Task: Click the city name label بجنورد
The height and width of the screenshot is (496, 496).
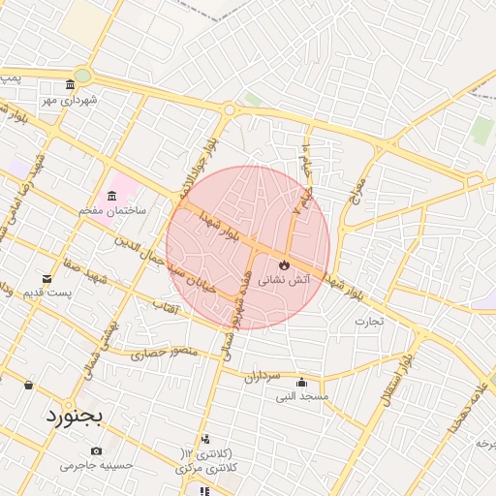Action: pyautogui.click(x=73, y=417)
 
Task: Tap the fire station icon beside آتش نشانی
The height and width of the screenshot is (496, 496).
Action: pyautogui.click(x=283, y=264)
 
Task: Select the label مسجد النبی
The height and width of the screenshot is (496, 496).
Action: pyautogui.click(x=302, y=396)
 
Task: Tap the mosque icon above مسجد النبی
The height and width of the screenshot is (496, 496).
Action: pyautogui.click(x=302, y=382)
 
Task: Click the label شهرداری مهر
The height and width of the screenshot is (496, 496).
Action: pyautogui.click(x=68, y=99)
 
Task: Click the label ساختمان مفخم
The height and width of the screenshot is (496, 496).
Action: pyautogui.click(x=113, y=210)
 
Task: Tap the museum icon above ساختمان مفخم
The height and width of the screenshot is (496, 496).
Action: pyautogui.click(x=113, y=197)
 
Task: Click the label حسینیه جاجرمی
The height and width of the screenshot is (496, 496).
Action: pyautogui.click(x=96, y=466)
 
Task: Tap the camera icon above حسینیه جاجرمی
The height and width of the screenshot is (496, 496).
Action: pyautogui.click(x=96, y=451)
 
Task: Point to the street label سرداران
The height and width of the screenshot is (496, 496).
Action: pyautogui.click(x=262, y=375)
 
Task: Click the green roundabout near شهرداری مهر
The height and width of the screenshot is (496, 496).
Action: pyautogui.click(x=83, y=75)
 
